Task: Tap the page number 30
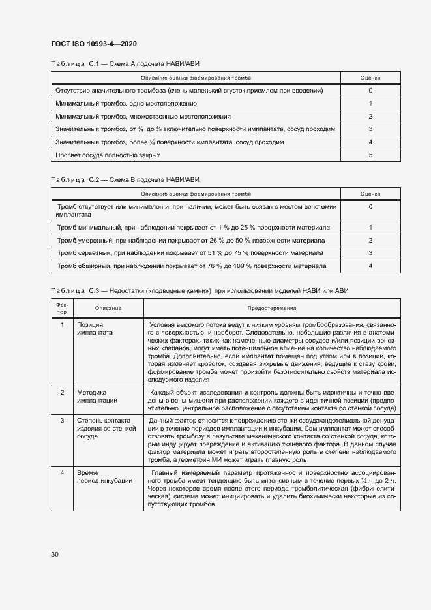pos(55,555)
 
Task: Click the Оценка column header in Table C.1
pos(370,78)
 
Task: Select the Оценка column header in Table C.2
pos(370,193)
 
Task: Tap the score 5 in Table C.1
pos(370,155)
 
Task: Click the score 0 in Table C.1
pos(370,90)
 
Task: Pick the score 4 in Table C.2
pos(370,266)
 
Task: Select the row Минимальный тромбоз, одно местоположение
pos(126,103)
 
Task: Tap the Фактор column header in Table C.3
pos(62,307)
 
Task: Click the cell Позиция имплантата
pos(95,328)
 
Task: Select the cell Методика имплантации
pos(97,397)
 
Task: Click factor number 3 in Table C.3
pos(62,421)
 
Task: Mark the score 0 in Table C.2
pos(370,206)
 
